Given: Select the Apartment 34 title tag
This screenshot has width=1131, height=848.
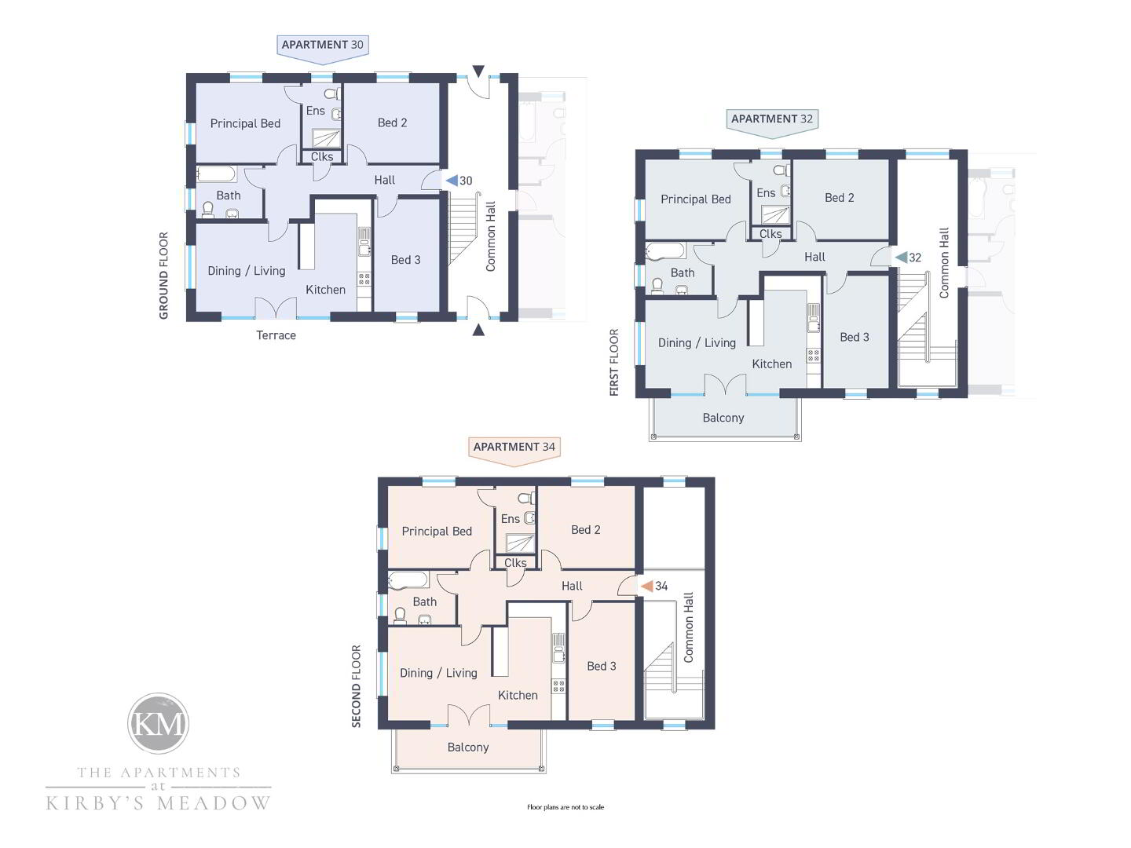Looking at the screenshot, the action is [x=514, y=451].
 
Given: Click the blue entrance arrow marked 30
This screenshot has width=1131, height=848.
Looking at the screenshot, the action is [x=452, y=181].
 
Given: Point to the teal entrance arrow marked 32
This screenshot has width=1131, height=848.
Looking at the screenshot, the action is [x=901, y=257].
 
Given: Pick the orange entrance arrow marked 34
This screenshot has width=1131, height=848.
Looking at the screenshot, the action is [x=647, y=586].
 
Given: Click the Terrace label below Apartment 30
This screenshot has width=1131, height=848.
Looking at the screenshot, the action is [x=276, y=336].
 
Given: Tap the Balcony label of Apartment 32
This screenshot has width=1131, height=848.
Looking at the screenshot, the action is [x=723, y=418].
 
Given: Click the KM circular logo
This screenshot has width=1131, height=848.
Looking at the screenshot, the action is [x=158, y=723].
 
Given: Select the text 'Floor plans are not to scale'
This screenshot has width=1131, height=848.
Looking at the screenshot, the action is [x=565, y=807].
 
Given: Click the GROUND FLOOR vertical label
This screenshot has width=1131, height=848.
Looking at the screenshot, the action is [x=164, y=276].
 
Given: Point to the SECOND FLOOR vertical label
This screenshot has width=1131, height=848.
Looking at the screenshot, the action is [x=356, y=686].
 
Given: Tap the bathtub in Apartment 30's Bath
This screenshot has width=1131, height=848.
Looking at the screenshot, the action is [x=217, y=174].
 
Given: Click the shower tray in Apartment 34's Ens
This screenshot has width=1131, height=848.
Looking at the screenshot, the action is [x=520, y=543].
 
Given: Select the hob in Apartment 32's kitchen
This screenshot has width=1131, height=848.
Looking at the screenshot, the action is [x=814, y=354].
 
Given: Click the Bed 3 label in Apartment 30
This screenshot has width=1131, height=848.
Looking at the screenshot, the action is [x=405, y=260].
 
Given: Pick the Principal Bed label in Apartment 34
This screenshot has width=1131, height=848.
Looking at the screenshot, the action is [x=437, y=532].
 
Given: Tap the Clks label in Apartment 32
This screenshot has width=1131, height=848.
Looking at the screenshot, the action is [x=770, y=234].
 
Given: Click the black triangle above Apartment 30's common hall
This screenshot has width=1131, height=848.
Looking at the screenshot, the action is [x=478, y=71].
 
